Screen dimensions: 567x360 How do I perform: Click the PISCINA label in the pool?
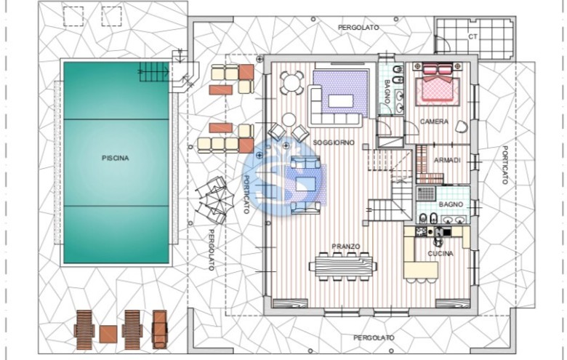point(116,158)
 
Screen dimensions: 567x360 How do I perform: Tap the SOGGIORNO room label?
point(334,143)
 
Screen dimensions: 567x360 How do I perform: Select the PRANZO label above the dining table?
point(346,247)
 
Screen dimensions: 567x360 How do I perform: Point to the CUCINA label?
point(441,254)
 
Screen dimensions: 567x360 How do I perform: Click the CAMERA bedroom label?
point(434,121)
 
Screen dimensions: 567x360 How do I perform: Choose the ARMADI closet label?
point(447,160)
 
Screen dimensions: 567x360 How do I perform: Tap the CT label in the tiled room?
point(472,36)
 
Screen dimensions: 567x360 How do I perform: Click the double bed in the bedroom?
point(438,85)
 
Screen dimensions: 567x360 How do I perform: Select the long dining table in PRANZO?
point(343,266)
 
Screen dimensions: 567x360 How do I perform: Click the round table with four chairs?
point(291,83)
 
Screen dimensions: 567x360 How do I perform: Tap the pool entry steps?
point(153,72)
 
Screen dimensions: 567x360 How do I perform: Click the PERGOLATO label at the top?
point(358,27)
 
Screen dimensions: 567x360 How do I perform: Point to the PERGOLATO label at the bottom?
point(374,338)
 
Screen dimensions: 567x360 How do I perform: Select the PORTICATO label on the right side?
point(504,165)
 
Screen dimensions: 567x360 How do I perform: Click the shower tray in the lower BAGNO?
point(426,193)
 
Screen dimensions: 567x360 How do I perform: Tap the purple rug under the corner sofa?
point(340,93)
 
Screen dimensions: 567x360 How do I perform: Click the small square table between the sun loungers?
point(108,334)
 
